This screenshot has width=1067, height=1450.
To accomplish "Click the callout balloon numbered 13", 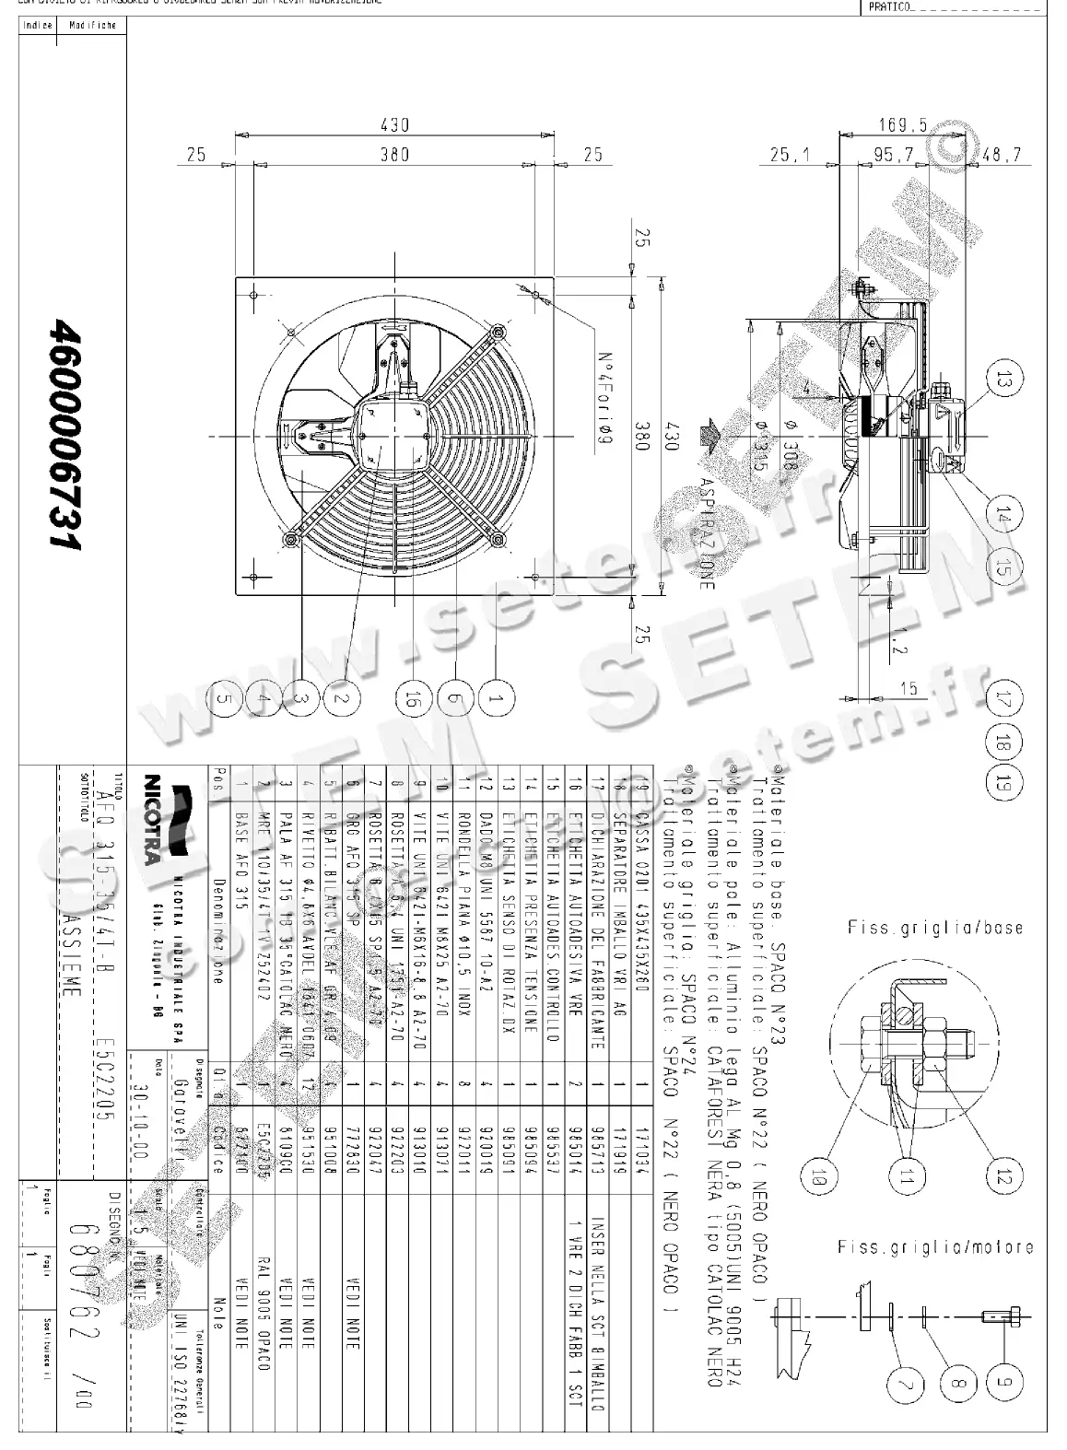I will pos(1003,378).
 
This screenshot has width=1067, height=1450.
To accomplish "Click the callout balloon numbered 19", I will pos(1003,783).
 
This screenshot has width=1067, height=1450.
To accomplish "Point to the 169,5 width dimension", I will pos(901,124).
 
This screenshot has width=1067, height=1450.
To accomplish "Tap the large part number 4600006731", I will pos(67,434).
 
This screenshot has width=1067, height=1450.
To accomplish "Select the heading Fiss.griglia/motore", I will pos(933,1247).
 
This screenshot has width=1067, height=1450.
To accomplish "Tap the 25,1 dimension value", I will pos(790,155).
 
